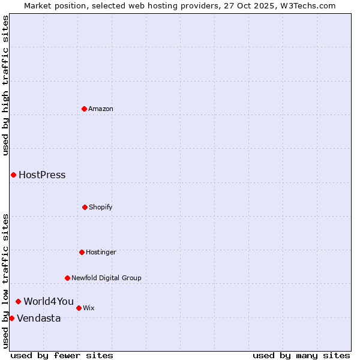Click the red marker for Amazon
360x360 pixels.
click(85, 109)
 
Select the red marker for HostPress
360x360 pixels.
click(13, 175)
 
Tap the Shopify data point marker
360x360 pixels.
click(85, 207)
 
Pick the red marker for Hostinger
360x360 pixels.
click(82, 252)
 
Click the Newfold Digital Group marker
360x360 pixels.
click(67, 278)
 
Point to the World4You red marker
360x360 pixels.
click(19, 301)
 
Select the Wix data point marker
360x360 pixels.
click(79, 308)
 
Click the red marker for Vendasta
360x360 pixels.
click(12, 318)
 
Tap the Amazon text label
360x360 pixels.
click(101, 109)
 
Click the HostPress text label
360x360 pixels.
click(42, 175)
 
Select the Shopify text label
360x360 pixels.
click(101, 207)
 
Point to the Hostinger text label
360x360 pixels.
click(101, 252)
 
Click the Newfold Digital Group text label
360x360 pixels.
click(106, 278)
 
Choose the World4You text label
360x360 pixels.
click(49, 301)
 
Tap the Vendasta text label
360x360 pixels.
click(38, 319)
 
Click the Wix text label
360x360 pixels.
click(89, 308)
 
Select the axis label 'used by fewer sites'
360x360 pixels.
click(62, 355)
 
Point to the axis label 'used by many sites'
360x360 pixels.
click(301, 355)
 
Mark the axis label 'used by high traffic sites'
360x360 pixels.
click(5, 85)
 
